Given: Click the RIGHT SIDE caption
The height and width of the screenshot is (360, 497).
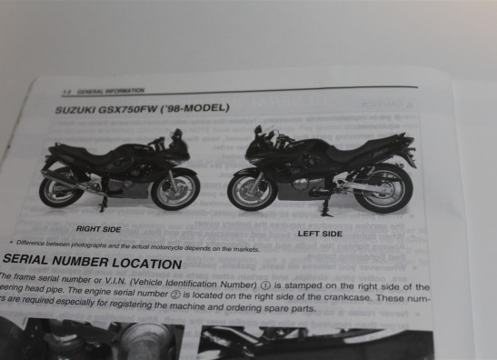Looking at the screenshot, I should (x=100, y=229).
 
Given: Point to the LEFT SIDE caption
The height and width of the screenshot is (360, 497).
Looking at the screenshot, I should (x=320, y=234).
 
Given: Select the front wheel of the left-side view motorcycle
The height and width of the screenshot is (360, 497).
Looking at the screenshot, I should (x=252, y=189).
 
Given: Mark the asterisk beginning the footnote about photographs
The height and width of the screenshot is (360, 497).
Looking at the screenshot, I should (x=11, y=243).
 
